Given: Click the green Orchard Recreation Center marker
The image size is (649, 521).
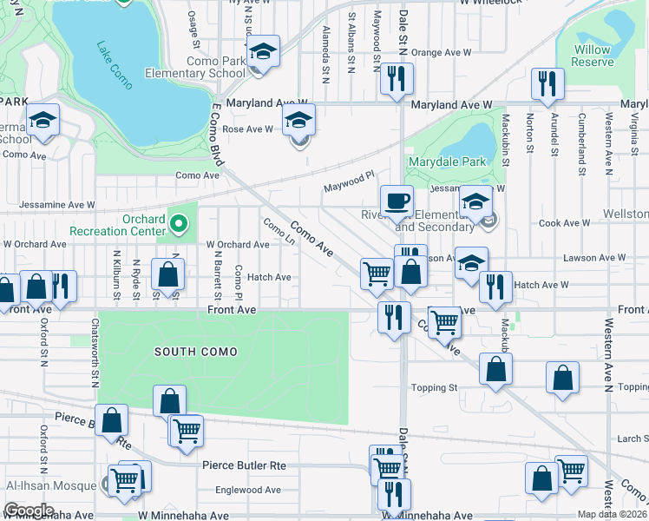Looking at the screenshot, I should tap(179, 224).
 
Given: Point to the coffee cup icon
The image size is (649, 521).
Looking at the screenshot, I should tap(397, 201).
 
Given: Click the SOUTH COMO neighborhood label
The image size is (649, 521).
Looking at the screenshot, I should tap(189, 351).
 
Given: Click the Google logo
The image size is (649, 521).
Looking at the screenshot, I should tap(29, 511).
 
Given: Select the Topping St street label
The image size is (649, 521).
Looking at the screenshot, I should tap(433, 387).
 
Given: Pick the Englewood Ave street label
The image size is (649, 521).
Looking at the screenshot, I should tap(247, 490).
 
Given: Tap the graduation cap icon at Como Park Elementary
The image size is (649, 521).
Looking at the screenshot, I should tap(262, 52).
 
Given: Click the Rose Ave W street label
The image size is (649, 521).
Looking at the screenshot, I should tap(248, 129).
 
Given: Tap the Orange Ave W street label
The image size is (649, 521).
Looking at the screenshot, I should tap(441, 52).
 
